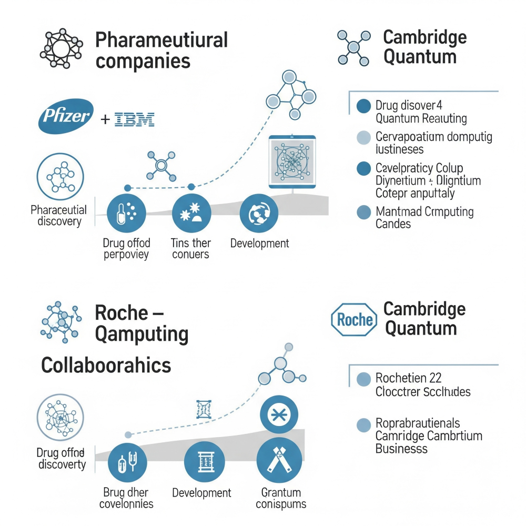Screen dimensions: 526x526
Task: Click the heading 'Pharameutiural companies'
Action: coord(162,50)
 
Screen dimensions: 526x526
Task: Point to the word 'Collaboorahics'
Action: coord(106,365)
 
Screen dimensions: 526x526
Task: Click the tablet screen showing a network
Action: coord(292,162)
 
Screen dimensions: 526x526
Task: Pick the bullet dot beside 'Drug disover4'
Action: coord(363,107)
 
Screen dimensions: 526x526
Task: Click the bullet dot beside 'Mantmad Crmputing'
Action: coord(363,213)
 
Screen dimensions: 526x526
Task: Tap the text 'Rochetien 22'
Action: coord(408,378)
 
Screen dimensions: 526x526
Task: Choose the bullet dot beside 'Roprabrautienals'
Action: coord(363,425)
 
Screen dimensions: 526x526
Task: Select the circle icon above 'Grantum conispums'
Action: coord(279,461)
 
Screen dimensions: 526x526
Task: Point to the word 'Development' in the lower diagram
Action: coord(201,493)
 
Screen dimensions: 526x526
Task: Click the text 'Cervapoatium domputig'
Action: coord(434,138)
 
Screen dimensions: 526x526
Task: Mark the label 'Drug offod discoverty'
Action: coord(61,458)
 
